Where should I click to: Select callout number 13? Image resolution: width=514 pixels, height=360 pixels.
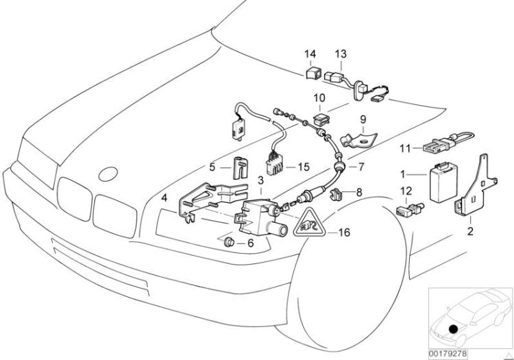[341, 53]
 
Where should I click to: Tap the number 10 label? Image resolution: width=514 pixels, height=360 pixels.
[320, 99]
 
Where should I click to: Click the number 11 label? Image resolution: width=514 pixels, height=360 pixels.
[404, 147]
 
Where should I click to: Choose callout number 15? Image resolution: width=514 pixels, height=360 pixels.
[304, 167]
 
